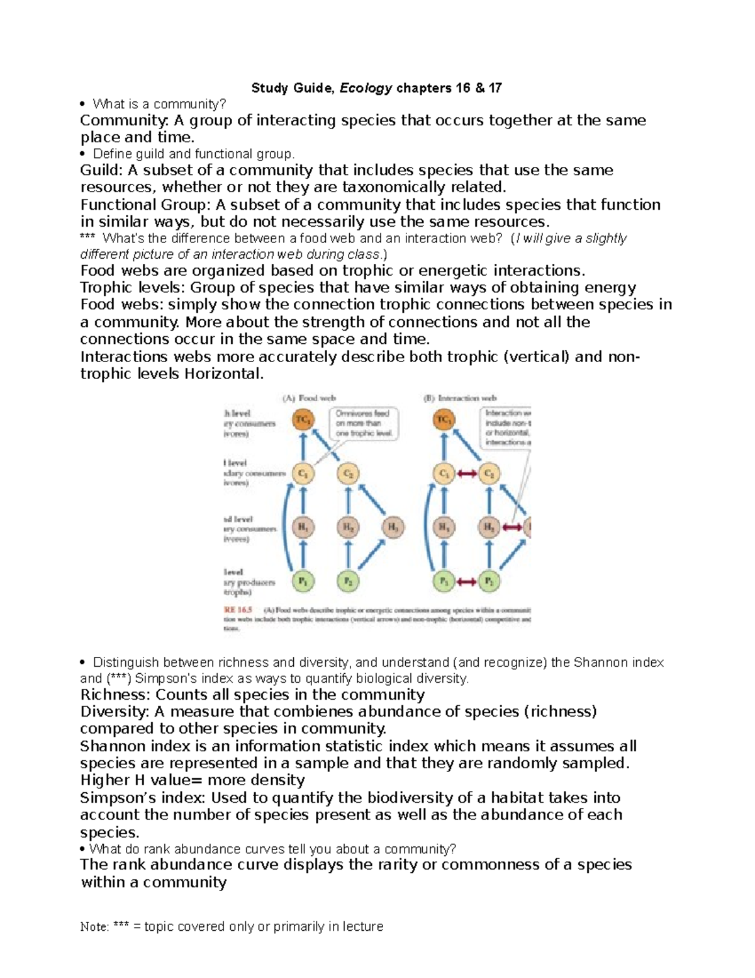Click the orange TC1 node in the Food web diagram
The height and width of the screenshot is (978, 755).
pos(303,419)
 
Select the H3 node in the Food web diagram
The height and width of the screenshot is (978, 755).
pos(392,528)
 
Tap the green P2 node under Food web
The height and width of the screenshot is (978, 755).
pos(348,581)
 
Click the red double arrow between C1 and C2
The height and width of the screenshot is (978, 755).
pos(467,474)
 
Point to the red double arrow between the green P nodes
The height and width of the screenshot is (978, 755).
pos(467,582)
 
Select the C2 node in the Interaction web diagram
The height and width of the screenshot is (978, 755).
pos(489,474)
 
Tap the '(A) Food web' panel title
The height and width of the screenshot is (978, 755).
pos(309,398)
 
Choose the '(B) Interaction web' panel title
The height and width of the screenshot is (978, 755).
pos(460,398)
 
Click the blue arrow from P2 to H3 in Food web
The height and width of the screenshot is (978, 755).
pos(371,555)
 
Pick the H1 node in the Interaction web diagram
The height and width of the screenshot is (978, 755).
pos(444,528)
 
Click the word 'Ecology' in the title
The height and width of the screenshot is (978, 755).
pos(366,88)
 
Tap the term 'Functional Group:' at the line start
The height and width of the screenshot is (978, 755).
pos(145,205)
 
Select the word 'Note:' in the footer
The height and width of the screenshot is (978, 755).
pos(95,926)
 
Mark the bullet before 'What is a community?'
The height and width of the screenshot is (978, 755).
pos(83,104)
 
